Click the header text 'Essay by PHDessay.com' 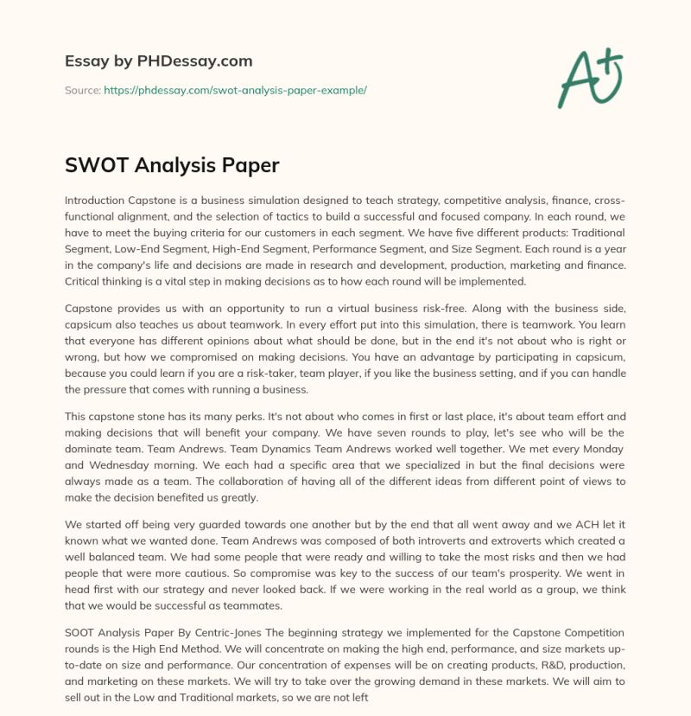158,61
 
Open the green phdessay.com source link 236,90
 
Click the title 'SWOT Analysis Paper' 172,164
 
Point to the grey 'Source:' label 82,90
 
